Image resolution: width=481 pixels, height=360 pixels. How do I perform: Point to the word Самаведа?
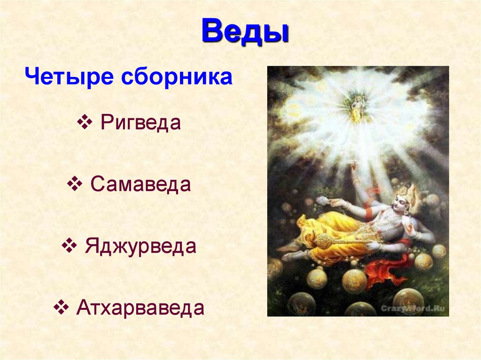pyautogui.click(x=140, y=184)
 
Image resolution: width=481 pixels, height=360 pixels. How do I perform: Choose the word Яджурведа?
pyautogui.click(x=140, y=246)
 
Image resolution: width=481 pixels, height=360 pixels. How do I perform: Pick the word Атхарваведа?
pyautogui.click(x=140, y=308)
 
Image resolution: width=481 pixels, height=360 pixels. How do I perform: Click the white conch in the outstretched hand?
pyautogui.click(x=323, y=200)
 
